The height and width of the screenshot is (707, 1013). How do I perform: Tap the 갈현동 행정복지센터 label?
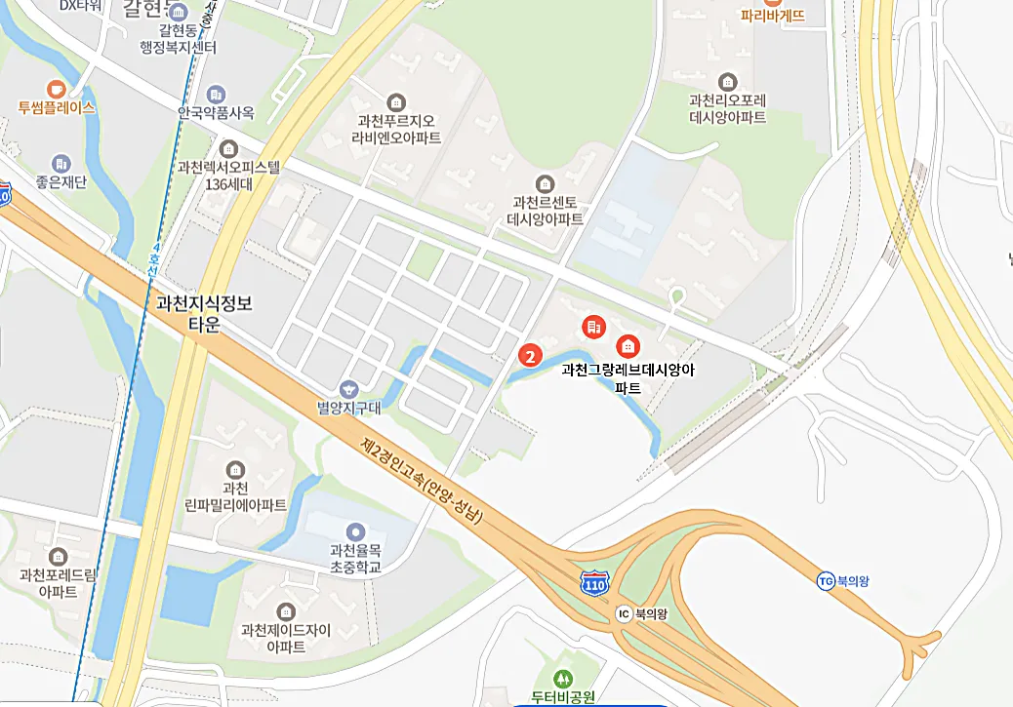(x=180, y=38)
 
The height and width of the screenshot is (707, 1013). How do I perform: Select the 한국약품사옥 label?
(x=216, y=112)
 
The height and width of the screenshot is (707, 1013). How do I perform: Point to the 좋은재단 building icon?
(x=61, y=163)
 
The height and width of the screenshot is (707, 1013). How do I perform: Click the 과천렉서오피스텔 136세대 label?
(x=229, y=175)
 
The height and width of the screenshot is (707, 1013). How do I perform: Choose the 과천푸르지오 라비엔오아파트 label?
(x=395, y=129)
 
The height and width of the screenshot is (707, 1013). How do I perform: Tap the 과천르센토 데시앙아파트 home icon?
(x=545, y=183)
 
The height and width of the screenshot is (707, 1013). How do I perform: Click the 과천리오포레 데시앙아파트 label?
(x=727, y=108)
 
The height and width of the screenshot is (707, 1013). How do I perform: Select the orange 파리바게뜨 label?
(x=772, y=16)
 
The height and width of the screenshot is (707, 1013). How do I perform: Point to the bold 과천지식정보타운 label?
(x=204, y=314)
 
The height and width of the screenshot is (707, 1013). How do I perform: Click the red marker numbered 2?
(x=529, y=356)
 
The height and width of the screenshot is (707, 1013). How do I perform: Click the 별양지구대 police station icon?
(x=348, y=389)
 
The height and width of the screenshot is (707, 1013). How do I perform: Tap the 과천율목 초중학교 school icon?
(x=355, y=531)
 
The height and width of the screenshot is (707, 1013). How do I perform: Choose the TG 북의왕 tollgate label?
(x=843, y=581)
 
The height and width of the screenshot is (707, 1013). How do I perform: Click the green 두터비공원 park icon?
(x=561, y=679)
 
